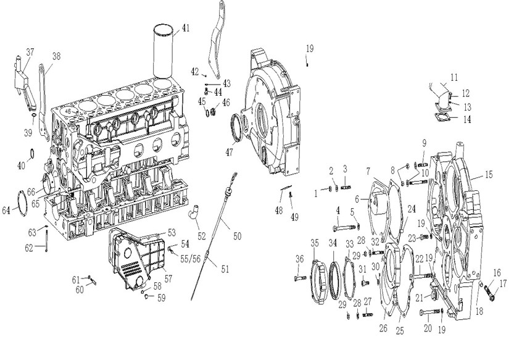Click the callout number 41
click(186, 28)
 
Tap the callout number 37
click(30, 51)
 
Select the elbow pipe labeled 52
click(194, 216)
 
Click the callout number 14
click(468, 120)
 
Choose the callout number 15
click(488, 175)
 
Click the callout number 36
click(300, 258)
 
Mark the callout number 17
click(503, 283)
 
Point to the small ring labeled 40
click(31, 152)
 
